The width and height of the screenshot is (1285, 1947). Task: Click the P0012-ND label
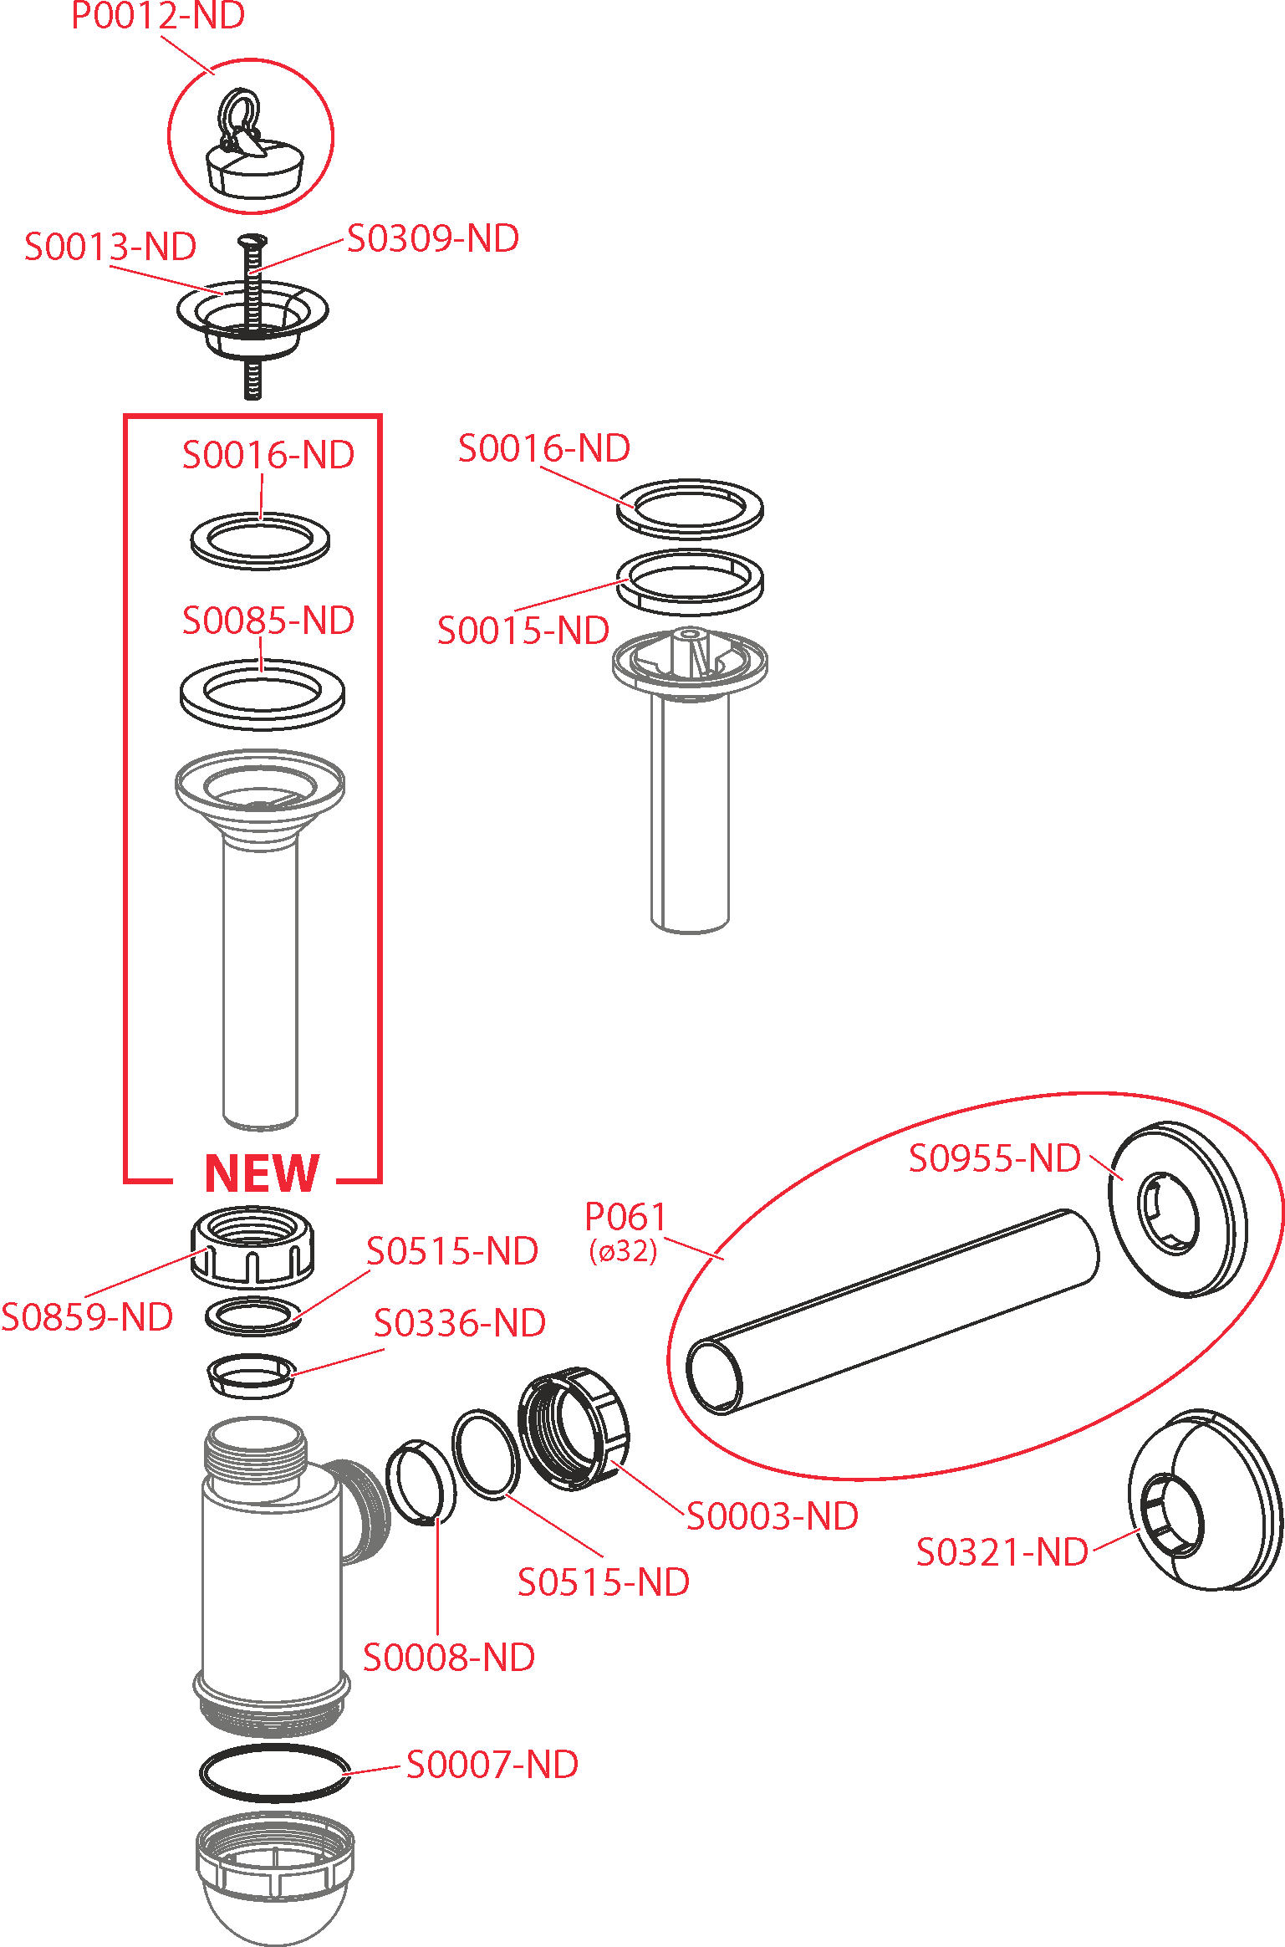(x=158, y=16)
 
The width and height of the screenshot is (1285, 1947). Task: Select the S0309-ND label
(x=433, y=238)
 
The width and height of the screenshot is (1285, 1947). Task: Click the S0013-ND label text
(x=110, y=247)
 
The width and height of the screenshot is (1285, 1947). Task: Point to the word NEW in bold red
(x=262, y=1173)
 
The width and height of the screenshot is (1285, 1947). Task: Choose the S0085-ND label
(x=268, y=621)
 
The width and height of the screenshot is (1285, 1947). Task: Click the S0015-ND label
(x=523, y=631)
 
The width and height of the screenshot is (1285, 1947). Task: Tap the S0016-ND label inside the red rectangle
(x=268, y=455)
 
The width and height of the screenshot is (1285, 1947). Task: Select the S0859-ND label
(x=87, y=1317)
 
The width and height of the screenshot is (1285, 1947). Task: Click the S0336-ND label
(x=460, y=1323)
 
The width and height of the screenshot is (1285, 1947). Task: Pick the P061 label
(x=625, y=1216)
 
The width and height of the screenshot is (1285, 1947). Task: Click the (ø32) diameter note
(x=623, y=1251)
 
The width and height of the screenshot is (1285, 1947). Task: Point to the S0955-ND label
(x=995, y=1158)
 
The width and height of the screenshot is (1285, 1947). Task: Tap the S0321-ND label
(x=1002, y=1552)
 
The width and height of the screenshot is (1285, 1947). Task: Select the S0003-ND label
(x=773, y=1516)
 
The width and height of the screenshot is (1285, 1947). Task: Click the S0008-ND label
(x=449, y=1658)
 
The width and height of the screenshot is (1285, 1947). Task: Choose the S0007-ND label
(x=492, y=1765)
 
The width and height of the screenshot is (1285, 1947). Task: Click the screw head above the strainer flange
(x=252, y=242)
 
